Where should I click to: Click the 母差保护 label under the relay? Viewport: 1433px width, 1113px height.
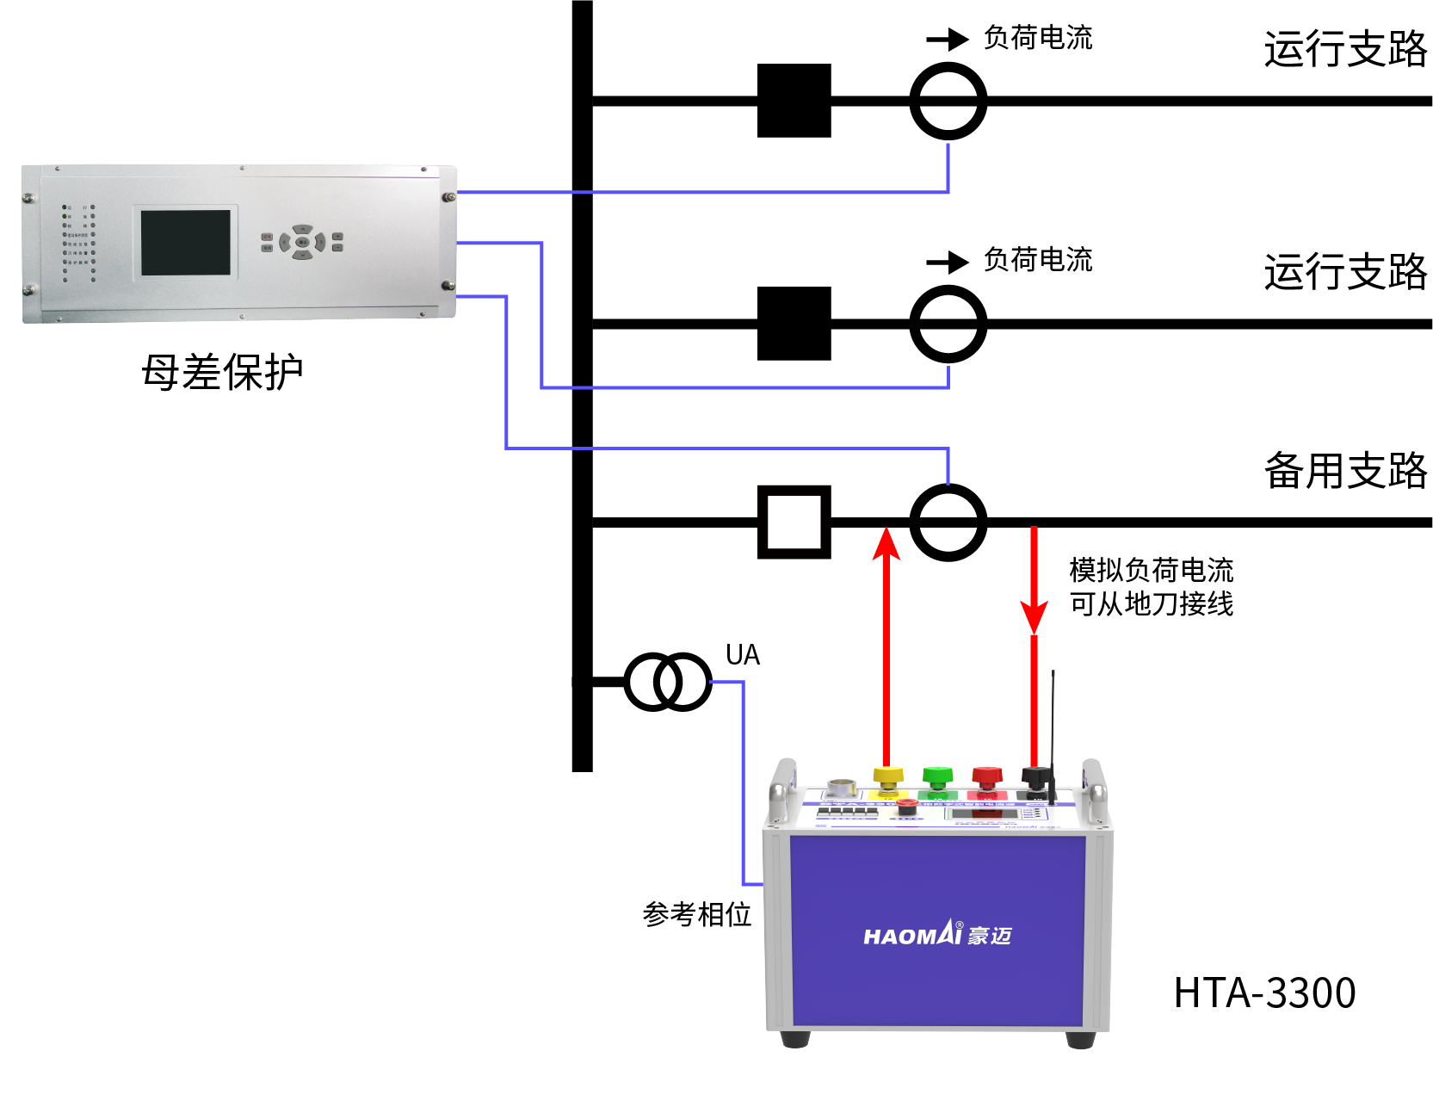[x=222, y=373]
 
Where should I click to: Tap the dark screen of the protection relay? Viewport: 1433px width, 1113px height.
[x=186, y=242]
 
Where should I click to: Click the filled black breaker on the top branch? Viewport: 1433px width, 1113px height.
[x=794, y=101]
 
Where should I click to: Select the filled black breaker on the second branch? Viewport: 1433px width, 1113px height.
[x=794, y=324]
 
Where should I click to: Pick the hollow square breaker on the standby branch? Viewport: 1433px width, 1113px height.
[x=794, y=522]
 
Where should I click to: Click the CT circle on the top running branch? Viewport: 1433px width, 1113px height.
[x=948, y=101]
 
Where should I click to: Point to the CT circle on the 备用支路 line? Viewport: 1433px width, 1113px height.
[x=948, y=522]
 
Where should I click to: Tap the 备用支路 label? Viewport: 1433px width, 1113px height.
[x=1344, y=471]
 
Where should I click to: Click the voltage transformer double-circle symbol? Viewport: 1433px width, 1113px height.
[x=667, y=682]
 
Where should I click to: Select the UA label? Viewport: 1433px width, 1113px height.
[x=742, y=655]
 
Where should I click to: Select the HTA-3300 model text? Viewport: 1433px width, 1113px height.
[x=1264, y=992]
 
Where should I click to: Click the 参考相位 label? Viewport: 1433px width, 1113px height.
[x=696, y=914]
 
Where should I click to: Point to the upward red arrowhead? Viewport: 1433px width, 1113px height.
[x=886, y=544]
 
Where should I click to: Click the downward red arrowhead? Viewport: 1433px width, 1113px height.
[x=1034, y=615]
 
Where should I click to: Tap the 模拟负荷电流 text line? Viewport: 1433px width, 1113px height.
[x=1151, y=570]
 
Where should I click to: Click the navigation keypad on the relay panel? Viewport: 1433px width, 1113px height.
[x=302, y=242]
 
